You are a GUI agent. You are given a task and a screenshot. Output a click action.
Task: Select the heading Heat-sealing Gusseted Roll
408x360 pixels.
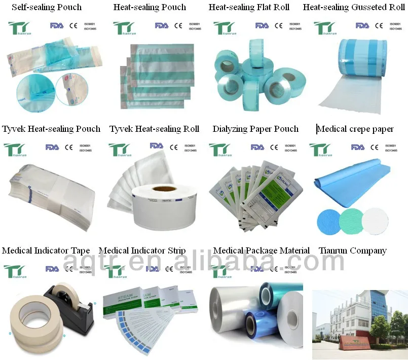[x=354, y=8]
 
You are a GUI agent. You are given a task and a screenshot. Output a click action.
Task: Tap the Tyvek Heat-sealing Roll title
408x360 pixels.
[x=154, y=129]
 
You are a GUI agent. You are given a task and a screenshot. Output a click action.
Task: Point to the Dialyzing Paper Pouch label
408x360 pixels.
[x=255, y=129]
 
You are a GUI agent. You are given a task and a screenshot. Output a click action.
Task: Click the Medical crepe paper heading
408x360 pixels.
[x=355, y=129]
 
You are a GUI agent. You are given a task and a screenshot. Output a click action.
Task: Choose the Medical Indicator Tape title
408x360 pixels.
[x=46, y=251]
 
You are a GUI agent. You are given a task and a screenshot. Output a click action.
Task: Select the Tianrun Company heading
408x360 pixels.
[x=353, y=251]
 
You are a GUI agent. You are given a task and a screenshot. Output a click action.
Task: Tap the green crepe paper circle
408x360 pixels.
[x=352, y=220]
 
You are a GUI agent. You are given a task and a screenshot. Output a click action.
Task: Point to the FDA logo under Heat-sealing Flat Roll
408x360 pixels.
[x=262, y=25]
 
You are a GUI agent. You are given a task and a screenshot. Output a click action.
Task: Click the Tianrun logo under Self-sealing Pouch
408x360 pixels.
[x=20, y=28]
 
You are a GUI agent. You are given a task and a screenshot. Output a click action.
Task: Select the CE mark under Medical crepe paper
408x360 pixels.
[x=376, y=148]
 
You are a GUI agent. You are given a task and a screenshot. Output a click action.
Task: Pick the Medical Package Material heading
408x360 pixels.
[x=261, y=251]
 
